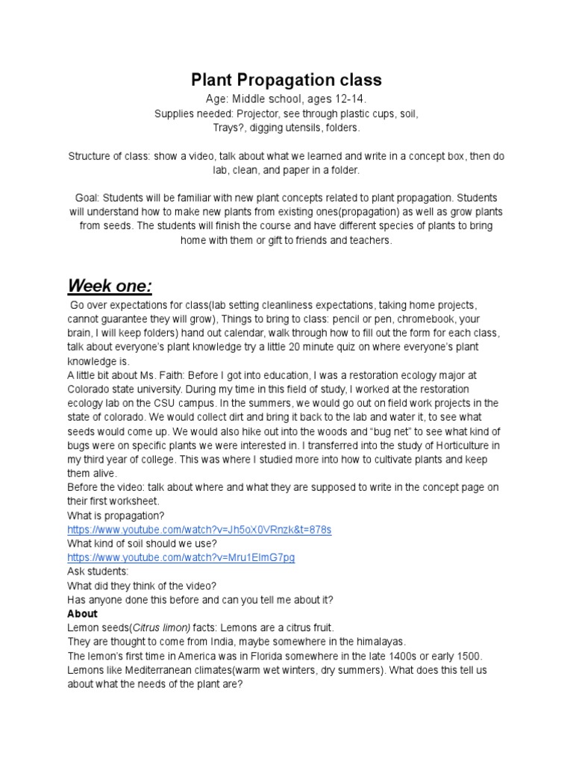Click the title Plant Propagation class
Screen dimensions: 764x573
(x=286, y=80)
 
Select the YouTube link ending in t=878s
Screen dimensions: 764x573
(x=199, y=529)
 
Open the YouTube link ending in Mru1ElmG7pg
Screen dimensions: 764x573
(x=181, y=557)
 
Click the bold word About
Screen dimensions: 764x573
(x=82, y=614)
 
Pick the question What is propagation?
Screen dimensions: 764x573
(x=116, y=515)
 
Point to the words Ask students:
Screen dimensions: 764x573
(x=99, y=572)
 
